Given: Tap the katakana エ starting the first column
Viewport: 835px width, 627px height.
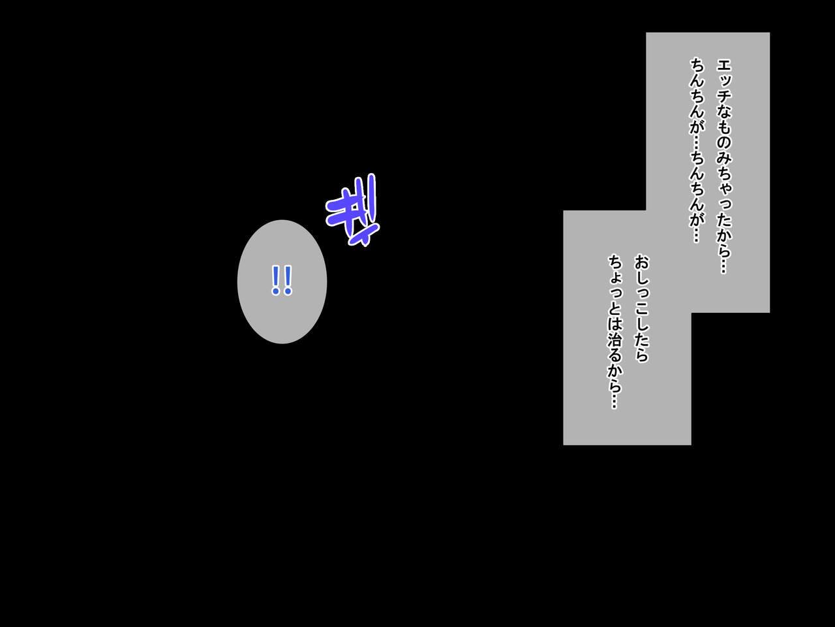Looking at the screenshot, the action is (x=724, y=66).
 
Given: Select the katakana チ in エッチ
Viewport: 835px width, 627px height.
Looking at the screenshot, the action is (x=724, y=96).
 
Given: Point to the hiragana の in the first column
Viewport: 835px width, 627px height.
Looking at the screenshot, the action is (x=724, y=144).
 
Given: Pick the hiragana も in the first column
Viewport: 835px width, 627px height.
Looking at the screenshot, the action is (x=724, y=127).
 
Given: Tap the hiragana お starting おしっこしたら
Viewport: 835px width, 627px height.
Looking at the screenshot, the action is (x=642, y=262).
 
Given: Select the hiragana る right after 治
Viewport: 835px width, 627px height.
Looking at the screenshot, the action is (x=615, y=355).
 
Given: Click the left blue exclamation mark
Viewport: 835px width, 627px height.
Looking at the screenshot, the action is (x=276, y=280).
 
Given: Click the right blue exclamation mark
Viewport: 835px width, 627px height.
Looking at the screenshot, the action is (x=288, y=280).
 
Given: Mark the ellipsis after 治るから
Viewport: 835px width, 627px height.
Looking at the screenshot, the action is (x=615, y=401).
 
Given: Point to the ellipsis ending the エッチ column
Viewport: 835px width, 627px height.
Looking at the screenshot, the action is (x=724, y=265).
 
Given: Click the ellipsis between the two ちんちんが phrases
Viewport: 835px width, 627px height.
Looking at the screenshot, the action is (x=696, y=143).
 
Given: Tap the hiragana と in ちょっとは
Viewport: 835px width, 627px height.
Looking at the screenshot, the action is (x=615, y=308).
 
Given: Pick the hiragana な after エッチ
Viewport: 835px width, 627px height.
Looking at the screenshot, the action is (x=724, y=112).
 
